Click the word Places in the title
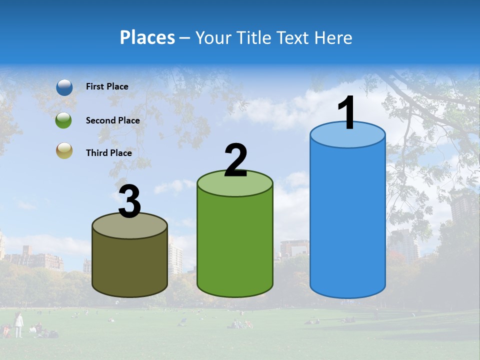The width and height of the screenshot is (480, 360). pyautogui.click(x=147, y=37)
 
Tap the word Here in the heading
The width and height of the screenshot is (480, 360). pyautogui.click(x=334, y=37)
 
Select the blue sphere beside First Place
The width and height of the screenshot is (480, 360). pyautogui.click(x=64, y=87)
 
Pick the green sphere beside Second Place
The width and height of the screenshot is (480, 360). pyautogui.click(x=64, y=120)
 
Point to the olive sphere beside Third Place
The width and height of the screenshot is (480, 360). pyautogui.click(x=64, y=151)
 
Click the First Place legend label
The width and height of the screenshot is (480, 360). pyautogui.click(x=107, y=86)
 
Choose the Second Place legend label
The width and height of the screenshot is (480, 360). pyautogui.click(x=112, y=120)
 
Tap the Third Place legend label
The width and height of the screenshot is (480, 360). pyautogui.click(x=108, y=153)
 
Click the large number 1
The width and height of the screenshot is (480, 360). pyautogui.click(x=347, y=113)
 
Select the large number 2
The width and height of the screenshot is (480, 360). pyautogui.click(x=236, y=160)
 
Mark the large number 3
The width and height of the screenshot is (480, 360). pyautogui.click(x=129, y=202)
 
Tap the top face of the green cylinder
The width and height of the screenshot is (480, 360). pyautogui.click(x=235, y=184)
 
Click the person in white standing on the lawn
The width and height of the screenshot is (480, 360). pyautogui.click(x=18, y=324)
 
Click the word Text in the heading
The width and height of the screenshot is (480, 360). pyautogui.click(x=293, y=37)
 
